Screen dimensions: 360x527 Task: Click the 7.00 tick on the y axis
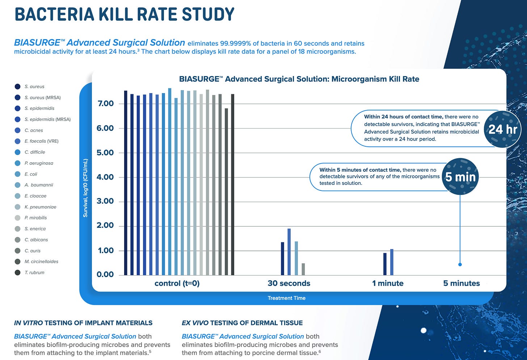[105, 104]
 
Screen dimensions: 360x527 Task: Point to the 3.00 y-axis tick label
[105, 201]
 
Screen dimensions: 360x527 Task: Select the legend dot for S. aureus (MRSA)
[17, 97]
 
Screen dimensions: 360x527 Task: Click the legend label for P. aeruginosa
[39, 163]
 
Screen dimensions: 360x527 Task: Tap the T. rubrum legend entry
[34, 273]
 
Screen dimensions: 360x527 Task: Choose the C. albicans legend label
[36, 240]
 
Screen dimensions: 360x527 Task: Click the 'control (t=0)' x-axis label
[177, 284]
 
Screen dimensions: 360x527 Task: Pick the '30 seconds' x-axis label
[289, 284]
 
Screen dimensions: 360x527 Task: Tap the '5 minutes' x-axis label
[461, 284]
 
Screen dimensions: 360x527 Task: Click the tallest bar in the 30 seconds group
[289, 252]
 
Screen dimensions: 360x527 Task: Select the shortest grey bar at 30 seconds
[303, 269]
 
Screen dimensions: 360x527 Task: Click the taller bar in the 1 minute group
[392, 262]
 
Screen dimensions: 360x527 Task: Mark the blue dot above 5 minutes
[460, 264]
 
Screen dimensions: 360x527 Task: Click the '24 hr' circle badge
[502, 129]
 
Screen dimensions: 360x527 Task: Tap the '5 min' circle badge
[460, 177]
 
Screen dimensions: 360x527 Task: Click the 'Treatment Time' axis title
[287, 298]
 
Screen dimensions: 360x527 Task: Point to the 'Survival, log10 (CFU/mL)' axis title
[85, 188]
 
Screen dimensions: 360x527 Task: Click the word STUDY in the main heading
[208, 14]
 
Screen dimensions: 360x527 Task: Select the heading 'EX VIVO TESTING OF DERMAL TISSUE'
[242, 323]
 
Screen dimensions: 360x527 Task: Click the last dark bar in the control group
[233, 185]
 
